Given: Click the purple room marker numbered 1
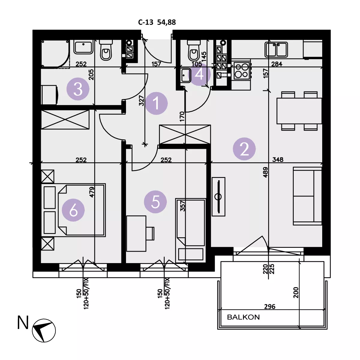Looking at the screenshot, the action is pos(156,103).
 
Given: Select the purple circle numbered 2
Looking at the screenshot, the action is pos(244,149).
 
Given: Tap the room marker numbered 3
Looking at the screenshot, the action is pos(78,89).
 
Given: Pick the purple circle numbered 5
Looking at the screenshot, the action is pos(155,202).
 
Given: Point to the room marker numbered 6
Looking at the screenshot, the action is pos(73,210).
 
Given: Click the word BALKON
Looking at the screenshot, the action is pos(243,317).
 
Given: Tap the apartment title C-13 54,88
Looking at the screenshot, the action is pos(157,22).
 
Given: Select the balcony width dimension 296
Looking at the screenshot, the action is pos(270,307).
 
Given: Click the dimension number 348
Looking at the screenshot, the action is pos(278,160).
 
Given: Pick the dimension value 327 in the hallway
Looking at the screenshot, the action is pos(142,100).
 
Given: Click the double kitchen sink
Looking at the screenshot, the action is pos(276,49).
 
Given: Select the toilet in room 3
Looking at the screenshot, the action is pos(106,50).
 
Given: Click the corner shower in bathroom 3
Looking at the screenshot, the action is pos(55,54).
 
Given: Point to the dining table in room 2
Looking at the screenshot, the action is pos(299,111).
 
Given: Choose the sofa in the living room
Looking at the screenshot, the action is pos(307,196).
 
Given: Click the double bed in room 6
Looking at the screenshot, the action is pos(73,210).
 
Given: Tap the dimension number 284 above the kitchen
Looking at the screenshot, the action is pos(277,64).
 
